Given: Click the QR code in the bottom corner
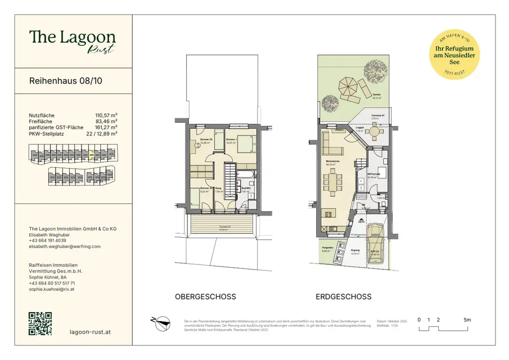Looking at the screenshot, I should tap(40, 324).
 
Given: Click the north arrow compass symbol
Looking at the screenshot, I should tap(160, 323).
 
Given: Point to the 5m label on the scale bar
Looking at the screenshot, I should tap(467, 320).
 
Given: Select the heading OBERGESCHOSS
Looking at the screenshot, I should tap(205, 297).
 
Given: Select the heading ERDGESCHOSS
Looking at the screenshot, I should tap(343, 297).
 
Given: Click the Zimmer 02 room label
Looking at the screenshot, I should tap(207, 139).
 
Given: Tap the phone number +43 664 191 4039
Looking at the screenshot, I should tap(48, 240).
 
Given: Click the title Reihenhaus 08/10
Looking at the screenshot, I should tap(66, 81).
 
